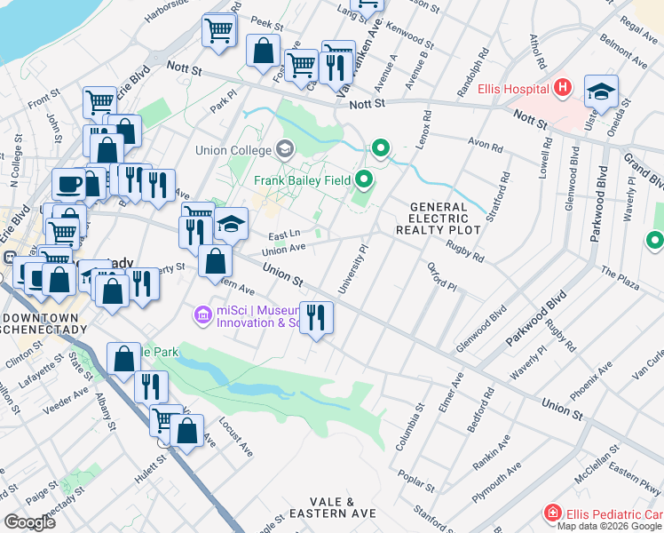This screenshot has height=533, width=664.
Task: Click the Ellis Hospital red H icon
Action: coord(561,88)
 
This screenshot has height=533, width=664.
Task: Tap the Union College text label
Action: coord(240,147)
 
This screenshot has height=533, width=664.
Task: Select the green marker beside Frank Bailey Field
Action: coord(364,181)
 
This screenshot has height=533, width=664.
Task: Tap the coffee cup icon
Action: coord(68,185)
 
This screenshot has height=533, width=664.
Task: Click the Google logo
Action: coord(28,521)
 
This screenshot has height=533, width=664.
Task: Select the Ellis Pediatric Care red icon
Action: coord(553,513)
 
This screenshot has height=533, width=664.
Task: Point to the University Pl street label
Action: coord(352,270)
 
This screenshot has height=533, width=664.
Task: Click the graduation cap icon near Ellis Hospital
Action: coord(601,91)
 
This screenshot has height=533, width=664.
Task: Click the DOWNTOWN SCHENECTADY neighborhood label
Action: coord(44,323)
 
